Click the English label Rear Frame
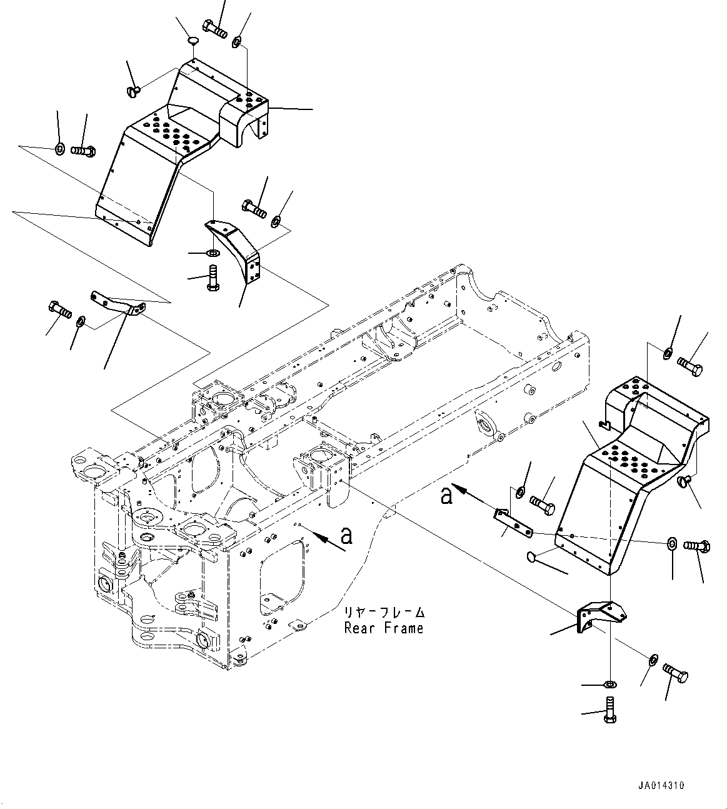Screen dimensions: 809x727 tap(383, 628)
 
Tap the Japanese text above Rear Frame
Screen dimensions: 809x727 tap(384, 613)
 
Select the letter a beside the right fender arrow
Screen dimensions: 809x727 tap(446, 496)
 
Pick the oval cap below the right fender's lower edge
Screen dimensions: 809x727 tap(533, 556)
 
